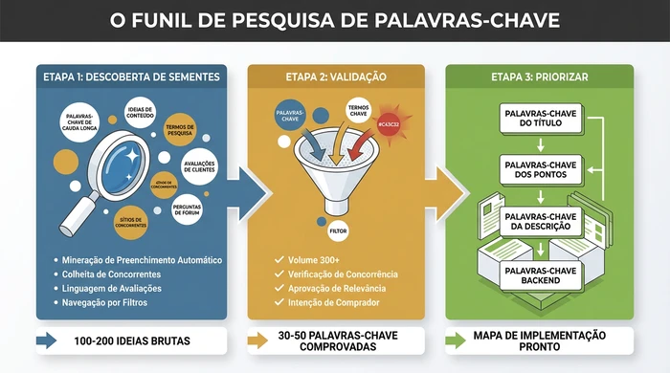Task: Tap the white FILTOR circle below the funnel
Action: tap(338, 230)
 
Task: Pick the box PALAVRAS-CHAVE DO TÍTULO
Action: tap(539, 120)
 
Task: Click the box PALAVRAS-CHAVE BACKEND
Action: tap(539, 275)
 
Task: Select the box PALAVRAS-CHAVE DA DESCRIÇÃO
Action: tap(539, 223)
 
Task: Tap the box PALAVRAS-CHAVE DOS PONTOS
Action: tap(539, 171)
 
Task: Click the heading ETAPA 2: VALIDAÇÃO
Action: tap(335, 77)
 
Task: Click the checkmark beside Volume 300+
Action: tap(279, 259)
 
